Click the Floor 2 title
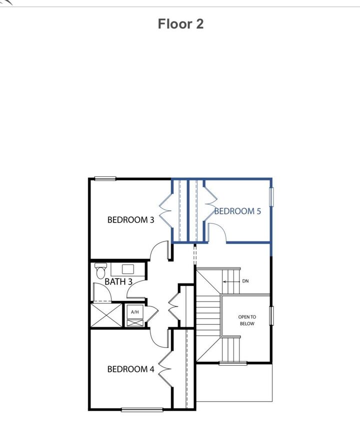pos(180,24)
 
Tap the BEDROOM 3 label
pos(131,219)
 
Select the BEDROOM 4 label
pos(131,369)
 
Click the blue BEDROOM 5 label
pos(238,211)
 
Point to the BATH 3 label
pos(118,282)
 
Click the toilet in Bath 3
pos(99,270)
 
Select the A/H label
pos(134,312)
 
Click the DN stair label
pos(245,281)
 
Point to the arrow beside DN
pos(230,281)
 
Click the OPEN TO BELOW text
pos(247,320)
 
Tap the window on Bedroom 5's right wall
pos(272,196)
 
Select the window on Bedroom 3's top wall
pos(105,178)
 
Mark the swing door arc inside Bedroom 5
pos(218,232)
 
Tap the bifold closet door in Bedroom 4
pos(165,368)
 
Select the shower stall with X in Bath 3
pos(106,315)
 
